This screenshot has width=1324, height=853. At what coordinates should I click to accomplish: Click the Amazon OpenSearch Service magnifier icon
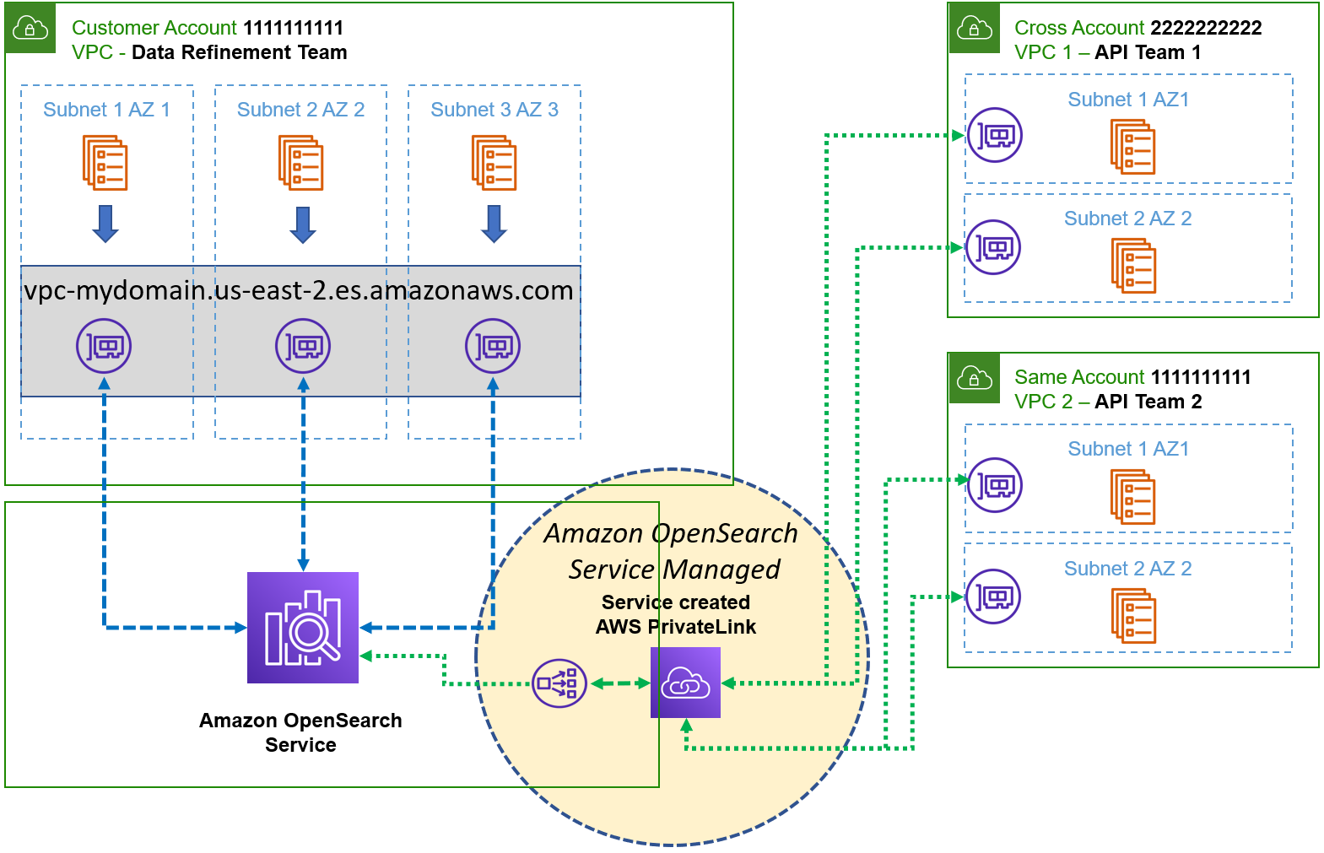coord(303,627)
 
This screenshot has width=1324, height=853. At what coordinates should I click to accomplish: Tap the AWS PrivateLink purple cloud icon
coord(685,683)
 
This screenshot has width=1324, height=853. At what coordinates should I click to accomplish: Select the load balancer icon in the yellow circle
coord(559,683)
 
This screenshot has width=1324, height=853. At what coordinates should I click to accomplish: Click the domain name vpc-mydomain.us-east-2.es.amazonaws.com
coord(299,290)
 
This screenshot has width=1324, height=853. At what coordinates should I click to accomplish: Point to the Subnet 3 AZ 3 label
coord(494,110)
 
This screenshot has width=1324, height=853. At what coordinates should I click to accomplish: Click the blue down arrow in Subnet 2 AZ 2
coord(303,224)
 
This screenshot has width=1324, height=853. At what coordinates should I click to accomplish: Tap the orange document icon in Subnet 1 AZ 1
coord(105,163)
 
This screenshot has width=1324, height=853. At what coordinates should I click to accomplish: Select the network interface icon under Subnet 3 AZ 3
coord(493,346)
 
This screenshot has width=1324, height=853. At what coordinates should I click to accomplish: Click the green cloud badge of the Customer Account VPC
coord(30,28)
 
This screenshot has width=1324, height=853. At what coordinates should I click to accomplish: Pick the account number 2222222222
coord(1206,28)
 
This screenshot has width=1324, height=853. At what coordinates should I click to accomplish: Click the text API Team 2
coord(1148,402)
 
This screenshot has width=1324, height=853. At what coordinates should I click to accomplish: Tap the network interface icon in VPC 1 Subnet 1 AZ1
coord(995,135)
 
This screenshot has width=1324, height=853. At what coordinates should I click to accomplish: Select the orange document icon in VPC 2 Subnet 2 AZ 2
coord(1133,615)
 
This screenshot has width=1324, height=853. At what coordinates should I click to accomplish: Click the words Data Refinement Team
coord(240,52)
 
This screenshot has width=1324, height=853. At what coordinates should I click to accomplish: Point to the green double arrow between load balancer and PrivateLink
coord(619,683)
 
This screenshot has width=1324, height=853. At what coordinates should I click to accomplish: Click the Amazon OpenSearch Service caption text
coord(300,732)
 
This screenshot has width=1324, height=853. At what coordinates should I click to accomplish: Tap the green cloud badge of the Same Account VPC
coord(974,378)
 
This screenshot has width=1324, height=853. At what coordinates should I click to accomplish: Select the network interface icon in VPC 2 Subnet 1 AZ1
coord(995,485)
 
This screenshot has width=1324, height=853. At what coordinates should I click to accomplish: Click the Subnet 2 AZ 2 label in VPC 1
coord(1127,219)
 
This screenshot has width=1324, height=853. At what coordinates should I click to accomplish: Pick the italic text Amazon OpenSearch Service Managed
coord(672,552)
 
